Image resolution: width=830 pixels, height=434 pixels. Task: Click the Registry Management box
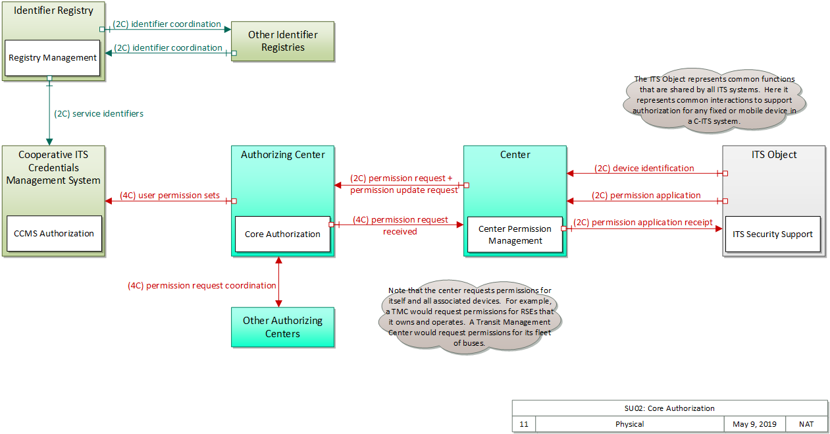(x=53, y=58)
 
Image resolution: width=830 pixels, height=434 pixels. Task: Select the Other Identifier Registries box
(x=282, y=41)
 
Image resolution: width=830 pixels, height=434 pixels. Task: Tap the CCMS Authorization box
(x=54, y=234)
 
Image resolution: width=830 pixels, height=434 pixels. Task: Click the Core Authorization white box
(x=282, y=234)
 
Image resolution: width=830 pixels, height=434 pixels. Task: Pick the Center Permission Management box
(x=515, y=235)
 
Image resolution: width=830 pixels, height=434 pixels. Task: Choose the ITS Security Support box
(x=773, y=234)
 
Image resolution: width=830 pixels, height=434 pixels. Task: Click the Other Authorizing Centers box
(x=282, y=327)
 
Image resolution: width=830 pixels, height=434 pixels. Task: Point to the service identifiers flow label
(x=99, y=113)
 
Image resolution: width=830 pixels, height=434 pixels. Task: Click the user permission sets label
(x=170, y=196)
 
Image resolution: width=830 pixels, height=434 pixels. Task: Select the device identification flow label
(x=644, y=169)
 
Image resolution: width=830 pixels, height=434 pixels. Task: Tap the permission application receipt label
(x=643, y=223)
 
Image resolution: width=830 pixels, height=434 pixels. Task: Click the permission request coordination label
(x=201, y=286)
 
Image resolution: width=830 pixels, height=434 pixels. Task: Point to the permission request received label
(x=400, y=225)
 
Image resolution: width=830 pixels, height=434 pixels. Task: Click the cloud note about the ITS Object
(x=714, y=101)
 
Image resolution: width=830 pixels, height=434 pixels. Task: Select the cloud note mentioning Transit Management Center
(x=470, y=317)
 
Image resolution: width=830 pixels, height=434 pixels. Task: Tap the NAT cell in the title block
(x=806, y=424)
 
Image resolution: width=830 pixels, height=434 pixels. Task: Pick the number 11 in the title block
(x=524, y=424)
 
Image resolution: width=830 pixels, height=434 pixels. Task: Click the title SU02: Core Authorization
(x=669, y=408)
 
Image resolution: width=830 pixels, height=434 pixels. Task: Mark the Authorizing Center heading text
(x=282, y=155)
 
